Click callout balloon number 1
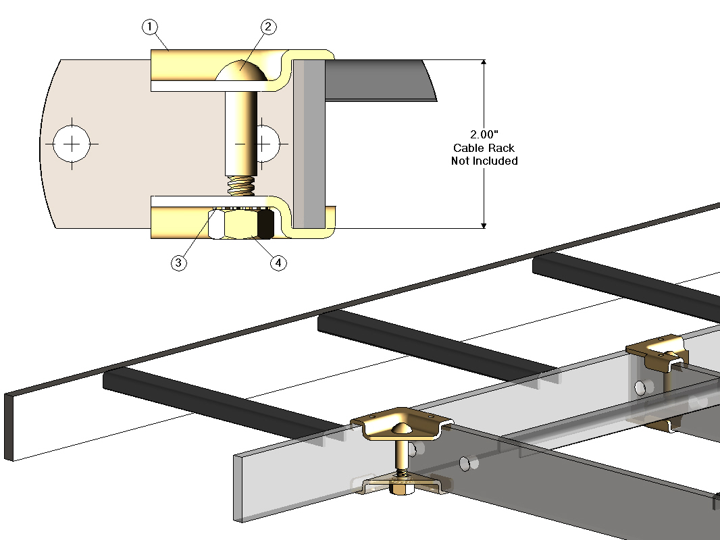[150, 27]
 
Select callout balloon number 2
[268, 27]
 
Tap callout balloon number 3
[178, 263]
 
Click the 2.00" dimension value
[484, 134]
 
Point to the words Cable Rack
[484, 148]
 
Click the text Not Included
[484, 161]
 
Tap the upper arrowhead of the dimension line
[484, 63]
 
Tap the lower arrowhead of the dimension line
[484, 224]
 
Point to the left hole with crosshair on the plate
[72, 143]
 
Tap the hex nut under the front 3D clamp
[401, 489]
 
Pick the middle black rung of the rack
[432, 344]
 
